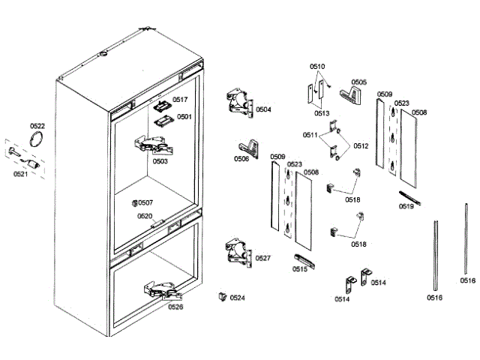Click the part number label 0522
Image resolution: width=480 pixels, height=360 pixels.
(x=37, y=126)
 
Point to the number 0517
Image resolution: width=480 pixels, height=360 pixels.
(x=181, y=100)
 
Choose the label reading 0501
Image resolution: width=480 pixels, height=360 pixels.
(x=184, y=117)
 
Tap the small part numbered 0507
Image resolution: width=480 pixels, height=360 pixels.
(x=134, y=202)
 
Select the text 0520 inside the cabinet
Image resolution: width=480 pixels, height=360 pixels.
(x=145, y=216)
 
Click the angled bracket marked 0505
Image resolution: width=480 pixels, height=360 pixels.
(x=349, y=94)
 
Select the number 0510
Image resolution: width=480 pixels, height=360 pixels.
(x=318, y=67)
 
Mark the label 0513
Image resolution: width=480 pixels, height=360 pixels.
(x=322, y=113)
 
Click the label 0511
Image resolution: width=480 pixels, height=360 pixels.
(x=311, y=135)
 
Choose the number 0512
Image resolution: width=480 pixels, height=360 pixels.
(x=361, y=145)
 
